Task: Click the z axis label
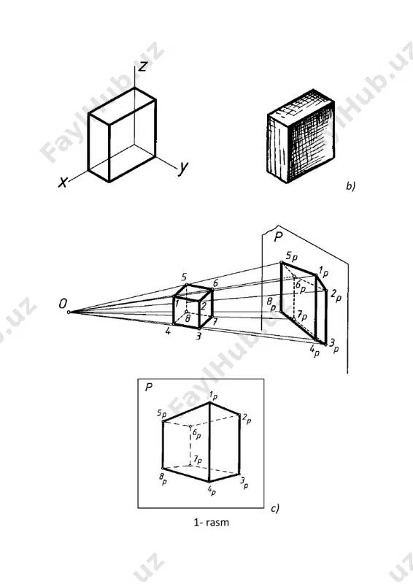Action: [142, 66]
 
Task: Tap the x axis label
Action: [63, 182]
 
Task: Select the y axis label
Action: [183, 169]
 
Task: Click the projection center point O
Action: [69, 312]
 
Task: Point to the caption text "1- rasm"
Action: [211, 522]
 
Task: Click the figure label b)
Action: [350, 185]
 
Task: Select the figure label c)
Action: [275, 508]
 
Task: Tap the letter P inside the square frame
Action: [149, 388]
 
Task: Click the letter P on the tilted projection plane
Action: [278, 237]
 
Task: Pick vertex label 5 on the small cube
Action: [184, 277]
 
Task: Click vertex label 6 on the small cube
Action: [216, 283]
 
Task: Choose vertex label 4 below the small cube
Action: [168, 331]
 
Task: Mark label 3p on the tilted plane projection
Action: [333, 345]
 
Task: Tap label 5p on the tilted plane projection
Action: [292, 257]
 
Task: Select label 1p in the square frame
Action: [213, 396]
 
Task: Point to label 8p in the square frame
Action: [163, 478]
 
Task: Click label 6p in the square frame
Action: [196, 434]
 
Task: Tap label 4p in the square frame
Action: [211, 489]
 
